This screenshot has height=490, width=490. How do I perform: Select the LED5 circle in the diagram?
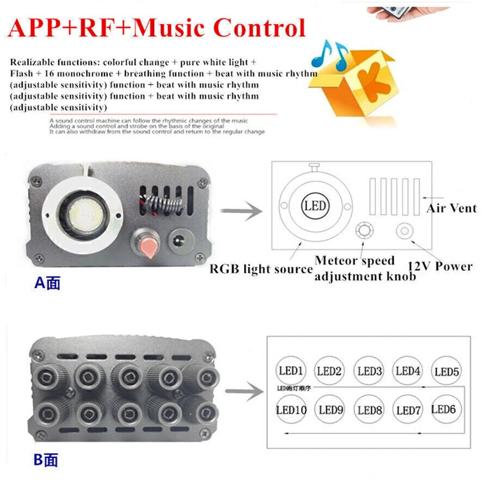pyautogui.click(x=447, y=373)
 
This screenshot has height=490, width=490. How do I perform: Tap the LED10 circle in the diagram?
pyautogui.click(x=292, y=410)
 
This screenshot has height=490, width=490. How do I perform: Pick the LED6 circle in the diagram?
pyautogui.click(x=444, y=409)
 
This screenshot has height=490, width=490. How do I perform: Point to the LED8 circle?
pyautogui.click(x=370, y=410)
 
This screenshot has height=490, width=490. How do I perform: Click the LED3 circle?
pyautogui.click(x=370, y=371)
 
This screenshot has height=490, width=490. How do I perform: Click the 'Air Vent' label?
pyautogui.click(x=451, y=208)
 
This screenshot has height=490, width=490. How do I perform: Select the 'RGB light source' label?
pyautogui.click(x=261, y=268)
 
